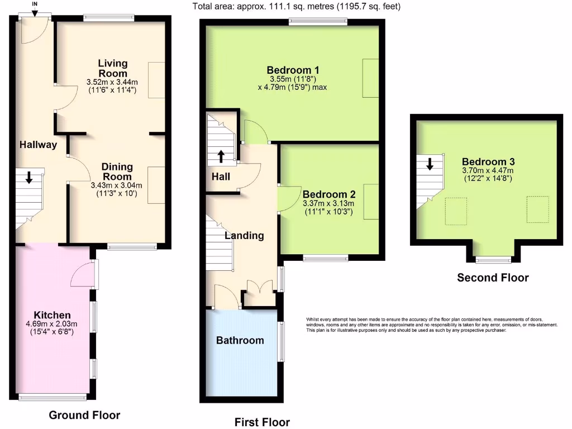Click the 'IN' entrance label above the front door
click(35, 4)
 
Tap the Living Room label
click(113, 68)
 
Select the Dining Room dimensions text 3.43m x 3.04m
click(116, 185)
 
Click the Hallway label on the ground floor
click(39, 145)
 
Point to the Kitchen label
click(53, 315)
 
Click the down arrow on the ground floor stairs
click(28, 178)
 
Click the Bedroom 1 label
click(293, 70)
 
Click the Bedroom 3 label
click(488, 159)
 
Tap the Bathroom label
click(240, 340)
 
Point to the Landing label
click(244, 235)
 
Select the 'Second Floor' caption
click(493, 278)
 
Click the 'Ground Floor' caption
click(84, 415)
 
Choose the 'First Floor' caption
click(262, 422)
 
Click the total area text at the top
click(296, 7)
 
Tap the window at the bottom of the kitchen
click(53, 397)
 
